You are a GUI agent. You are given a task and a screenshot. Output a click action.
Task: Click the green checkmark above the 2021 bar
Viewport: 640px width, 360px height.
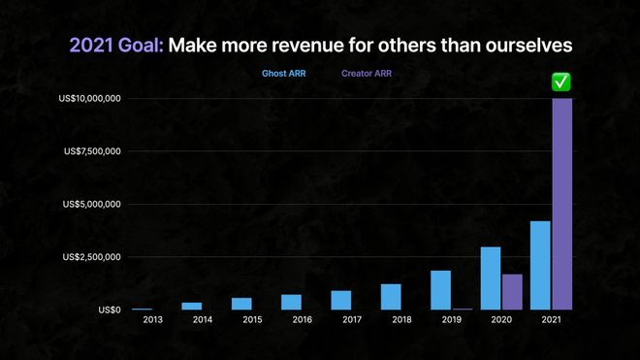click(561, 83)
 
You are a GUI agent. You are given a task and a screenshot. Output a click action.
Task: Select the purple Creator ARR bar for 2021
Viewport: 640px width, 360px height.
click(562, 204)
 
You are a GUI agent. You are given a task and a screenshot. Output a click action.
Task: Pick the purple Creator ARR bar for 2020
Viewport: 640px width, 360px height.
click(512, 291)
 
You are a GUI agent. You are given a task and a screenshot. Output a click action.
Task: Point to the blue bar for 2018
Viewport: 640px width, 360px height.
click(391, 296)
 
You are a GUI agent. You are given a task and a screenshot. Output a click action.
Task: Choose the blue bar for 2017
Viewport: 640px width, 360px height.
click(340, 300)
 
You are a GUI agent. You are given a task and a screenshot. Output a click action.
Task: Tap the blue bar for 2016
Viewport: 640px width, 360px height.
click(291, 302)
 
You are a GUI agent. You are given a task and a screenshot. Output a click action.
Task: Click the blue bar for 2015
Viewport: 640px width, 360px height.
click(241, 303)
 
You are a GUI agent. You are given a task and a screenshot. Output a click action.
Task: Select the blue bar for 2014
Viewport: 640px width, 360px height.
click(192, 306)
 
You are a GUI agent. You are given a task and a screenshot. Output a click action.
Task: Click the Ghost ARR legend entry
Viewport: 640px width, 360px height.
click(282, 74)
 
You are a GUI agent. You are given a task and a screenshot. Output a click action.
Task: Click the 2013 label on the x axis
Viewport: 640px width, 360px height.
click(152, 319)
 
